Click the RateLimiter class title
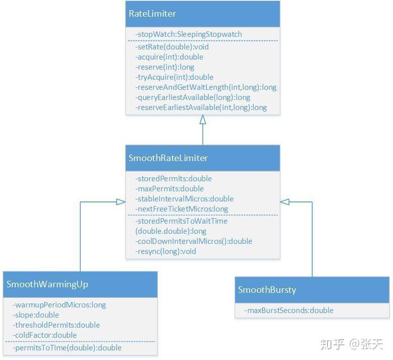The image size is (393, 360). pyautogui.click(x=152, y=14)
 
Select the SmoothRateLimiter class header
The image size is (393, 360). pyautogui.click(x=168, y=158)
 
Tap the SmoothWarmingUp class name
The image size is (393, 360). pyautogui.click(x=47, y=284)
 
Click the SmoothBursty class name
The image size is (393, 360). pyautogui.click(x=267, y=290)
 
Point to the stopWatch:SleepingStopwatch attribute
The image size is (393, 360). pyautogui.click(x=189, y=34)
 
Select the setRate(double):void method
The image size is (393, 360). pyautogui.click(x=172, y=47)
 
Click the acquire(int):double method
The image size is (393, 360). pyautogui.click(x=169, y=57)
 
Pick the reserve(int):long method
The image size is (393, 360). pyautogui.click(x=164, y=67)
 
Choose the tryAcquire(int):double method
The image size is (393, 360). pyautogui.click(x=174, y=77)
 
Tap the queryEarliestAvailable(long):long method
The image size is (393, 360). pyautogui.click(x=193, y=97)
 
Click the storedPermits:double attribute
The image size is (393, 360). pyautogui.click(x=174, y=179)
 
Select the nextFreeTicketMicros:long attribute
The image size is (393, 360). pyautogui.click(x=182, y=209)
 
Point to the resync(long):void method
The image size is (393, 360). pyautogui.click(x=165, y=251)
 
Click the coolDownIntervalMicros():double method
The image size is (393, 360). pyautogui.click(x=194, y=241)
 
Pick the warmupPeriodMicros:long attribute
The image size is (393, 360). pyautogui.click(x=59, y=305)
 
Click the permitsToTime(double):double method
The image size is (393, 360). pyautogui.click(x=67, y=348)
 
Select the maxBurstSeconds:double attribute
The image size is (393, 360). pyautogui.click(x=289, y=311)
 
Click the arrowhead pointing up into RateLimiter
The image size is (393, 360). pyautogui.click(x=203, y=120)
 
